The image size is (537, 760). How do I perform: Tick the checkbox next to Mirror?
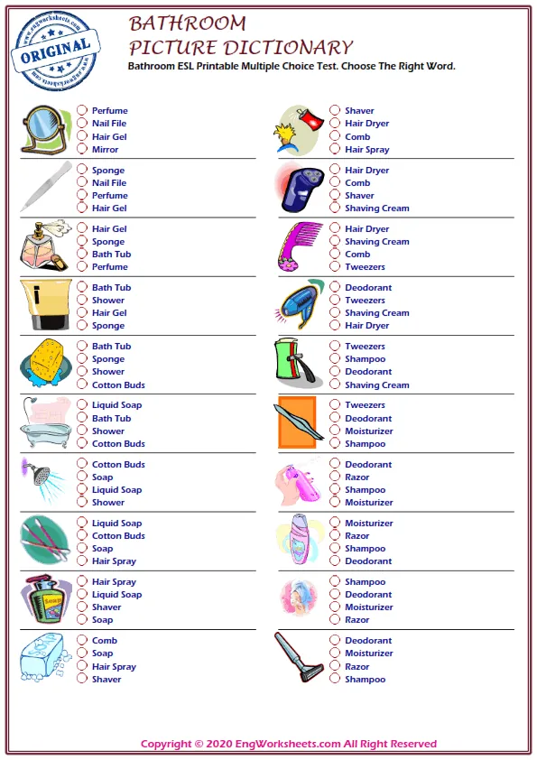click(x=82, y=150)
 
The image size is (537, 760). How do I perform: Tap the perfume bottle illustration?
click(x=42, y=245)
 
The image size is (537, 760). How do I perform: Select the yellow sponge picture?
click(x=43, y=363)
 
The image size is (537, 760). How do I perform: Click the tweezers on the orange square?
click(x=297, y=422)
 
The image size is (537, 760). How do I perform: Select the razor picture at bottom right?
click(x=299, y=657)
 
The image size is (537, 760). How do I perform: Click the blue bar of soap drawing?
click(x=42, y=658)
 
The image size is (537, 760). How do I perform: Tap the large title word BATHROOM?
click(x=188, y=23)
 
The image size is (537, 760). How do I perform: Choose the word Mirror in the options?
click(x=105, y=150)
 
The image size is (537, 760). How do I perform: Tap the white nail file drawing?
click(x=44, y=186)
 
